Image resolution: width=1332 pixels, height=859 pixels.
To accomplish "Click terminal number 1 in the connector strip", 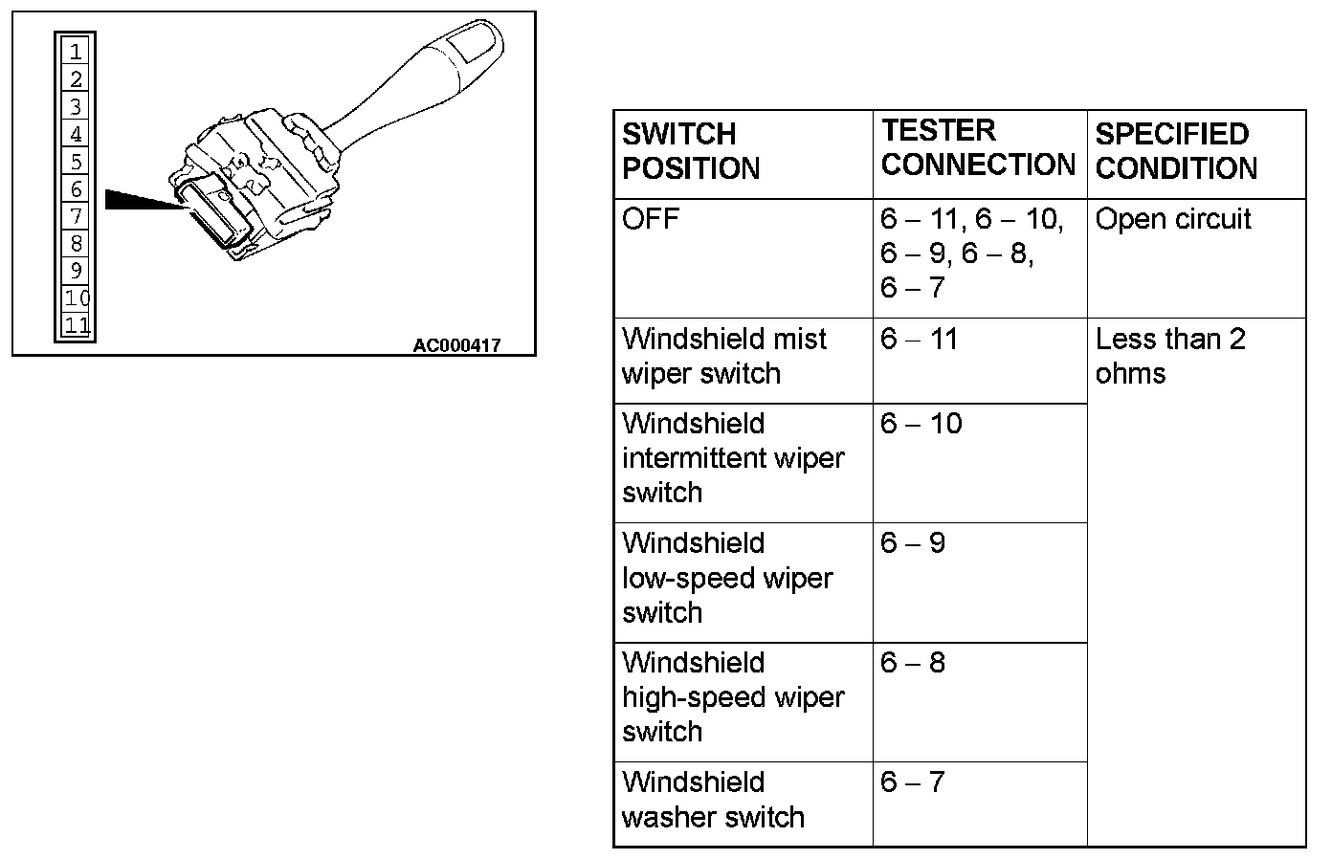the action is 76,51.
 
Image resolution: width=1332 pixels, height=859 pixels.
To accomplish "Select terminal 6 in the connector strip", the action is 76,188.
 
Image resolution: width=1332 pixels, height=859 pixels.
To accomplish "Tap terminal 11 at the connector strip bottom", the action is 77,325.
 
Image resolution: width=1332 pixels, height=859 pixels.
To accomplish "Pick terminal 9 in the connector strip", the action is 76,271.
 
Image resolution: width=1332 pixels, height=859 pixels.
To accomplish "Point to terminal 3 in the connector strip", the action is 76,106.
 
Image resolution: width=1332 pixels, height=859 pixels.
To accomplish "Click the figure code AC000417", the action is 456,345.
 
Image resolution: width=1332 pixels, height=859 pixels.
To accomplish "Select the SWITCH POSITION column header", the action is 691,151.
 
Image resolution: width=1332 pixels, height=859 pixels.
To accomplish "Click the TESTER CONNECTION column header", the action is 978,147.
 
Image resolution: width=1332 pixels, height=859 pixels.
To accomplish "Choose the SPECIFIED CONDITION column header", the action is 1175,151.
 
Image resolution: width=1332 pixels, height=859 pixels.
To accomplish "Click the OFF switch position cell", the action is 651,219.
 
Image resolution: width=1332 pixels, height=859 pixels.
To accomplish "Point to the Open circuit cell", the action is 1173,219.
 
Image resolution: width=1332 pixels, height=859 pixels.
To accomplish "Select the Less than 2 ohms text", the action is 1169,356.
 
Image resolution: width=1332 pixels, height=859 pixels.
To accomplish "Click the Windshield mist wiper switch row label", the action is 723,356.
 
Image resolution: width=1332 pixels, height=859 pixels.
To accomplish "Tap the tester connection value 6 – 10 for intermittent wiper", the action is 921,424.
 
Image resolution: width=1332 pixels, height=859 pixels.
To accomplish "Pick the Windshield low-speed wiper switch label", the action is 727,578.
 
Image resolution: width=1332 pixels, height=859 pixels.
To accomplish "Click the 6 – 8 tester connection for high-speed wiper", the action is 913,663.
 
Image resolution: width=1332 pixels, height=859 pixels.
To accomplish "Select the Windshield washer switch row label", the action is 713,800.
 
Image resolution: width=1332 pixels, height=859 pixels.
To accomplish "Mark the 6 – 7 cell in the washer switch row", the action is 913,782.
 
